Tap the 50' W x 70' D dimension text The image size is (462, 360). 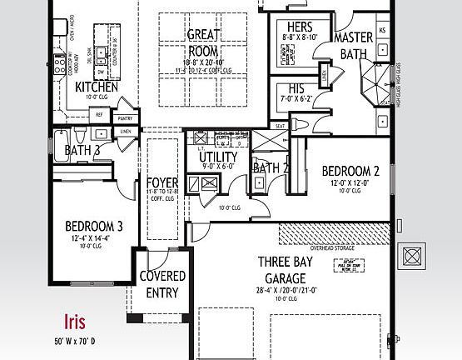pyautogui.click(x=75, y=341)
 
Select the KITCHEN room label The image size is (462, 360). pyautogui.click(x=97, y=87)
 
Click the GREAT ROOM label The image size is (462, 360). pyautogui.click(x=202, y=42)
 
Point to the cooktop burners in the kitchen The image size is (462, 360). pyautogui.click(x=60, y=60)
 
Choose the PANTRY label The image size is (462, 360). pyautogui.click(x=125, y=119)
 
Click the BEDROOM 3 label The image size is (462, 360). pyautogui.click(x=94, y=226)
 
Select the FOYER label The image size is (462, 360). pyautogui.click(x=161, y=182)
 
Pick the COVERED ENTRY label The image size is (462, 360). pyautogui.click(x=161, y=283)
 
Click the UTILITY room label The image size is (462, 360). pyautogui.click(x=217, y=157)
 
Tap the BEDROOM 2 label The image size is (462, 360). pyautogui.click(x=350, y=172)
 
